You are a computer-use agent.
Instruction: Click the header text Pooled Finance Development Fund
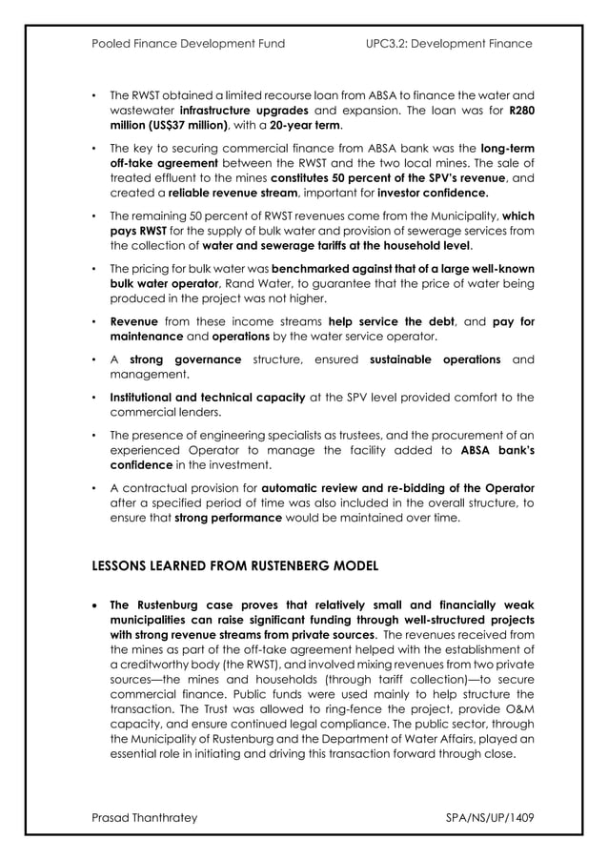(188, 44)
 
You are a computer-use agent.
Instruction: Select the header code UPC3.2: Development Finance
(449, 44)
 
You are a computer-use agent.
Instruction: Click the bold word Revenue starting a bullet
(135, 321)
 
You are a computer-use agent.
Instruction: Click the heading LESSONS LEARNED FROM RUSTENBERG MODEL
(234, 565)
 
